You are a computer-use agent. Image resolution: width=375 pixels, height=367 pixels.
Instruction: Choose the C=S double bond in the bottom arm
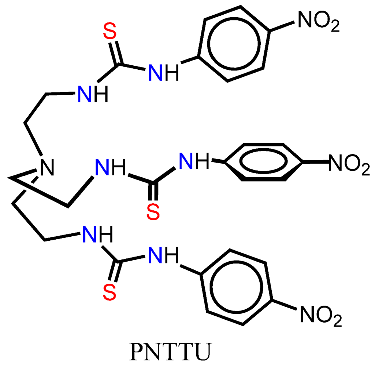114,272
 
